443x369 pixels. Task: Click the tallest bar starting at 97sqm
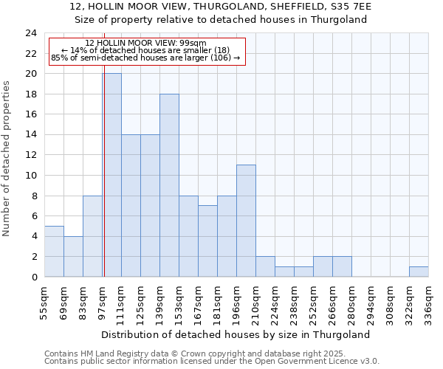coord(111,175)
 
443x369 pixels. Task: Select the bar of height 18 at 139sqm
coord(169,185)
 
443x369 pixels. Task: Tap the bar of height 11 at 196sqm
coord(246,221)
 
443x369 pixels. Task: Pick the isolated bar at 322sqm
coord(419,272)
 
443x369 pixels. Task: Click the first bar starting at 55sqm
coord(54,251)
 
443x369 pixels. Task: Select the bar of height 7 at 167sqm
coord(207,241)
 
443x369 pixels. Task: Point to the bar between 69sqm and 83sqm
coord(73,256)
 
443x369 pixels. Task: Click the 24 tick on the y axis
coord(31,33)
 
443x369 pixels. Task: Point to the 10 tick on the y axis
coord(31,176)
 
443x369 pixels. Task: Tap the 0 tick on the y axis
coord(34,277)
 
